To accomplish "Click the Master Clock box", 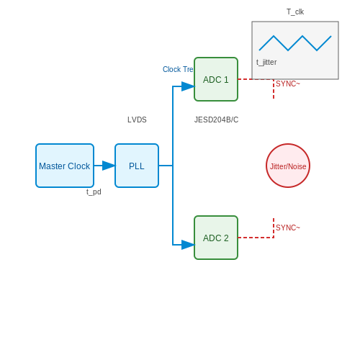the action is tap(65, 166).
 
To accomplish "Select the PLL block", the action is tap(137, 166).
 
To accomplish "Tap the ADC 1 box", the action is tap(216, 79).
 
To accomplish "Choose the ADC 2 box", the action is tap(216, 238).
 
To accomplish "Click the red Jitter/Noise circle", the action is tap(288, 166).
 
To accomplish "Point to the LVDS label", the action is tap(137, 120).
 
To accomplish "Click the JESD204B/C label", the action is tap(216, 120).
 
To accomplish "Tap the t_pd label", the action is tap(94, 192).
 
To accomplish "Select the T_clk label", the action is tap(295, 12).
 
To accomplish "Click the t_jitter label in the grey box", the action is tap(266, 62).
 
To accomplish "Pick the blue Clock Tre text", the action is tap(178, 69).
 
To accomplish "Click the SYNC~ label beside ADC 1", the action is tap(288, 84).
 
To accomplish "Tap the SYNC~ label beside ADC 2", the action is tap(288, 228).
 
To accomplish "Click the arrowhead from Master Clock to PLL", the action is tap(109, 166).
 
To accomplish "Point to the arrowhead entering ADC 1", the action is tap(188, 86).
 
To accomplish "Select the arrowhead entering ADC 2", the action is tap(188, 245).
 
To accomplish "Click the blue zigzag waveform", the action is tap(295, 43).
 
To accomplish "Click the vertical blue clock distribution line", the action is tap(173, 166).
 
